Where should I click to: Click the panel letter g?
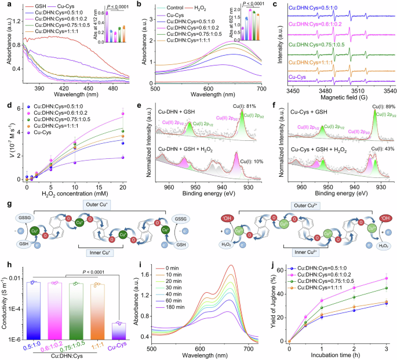pos(5,190)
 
